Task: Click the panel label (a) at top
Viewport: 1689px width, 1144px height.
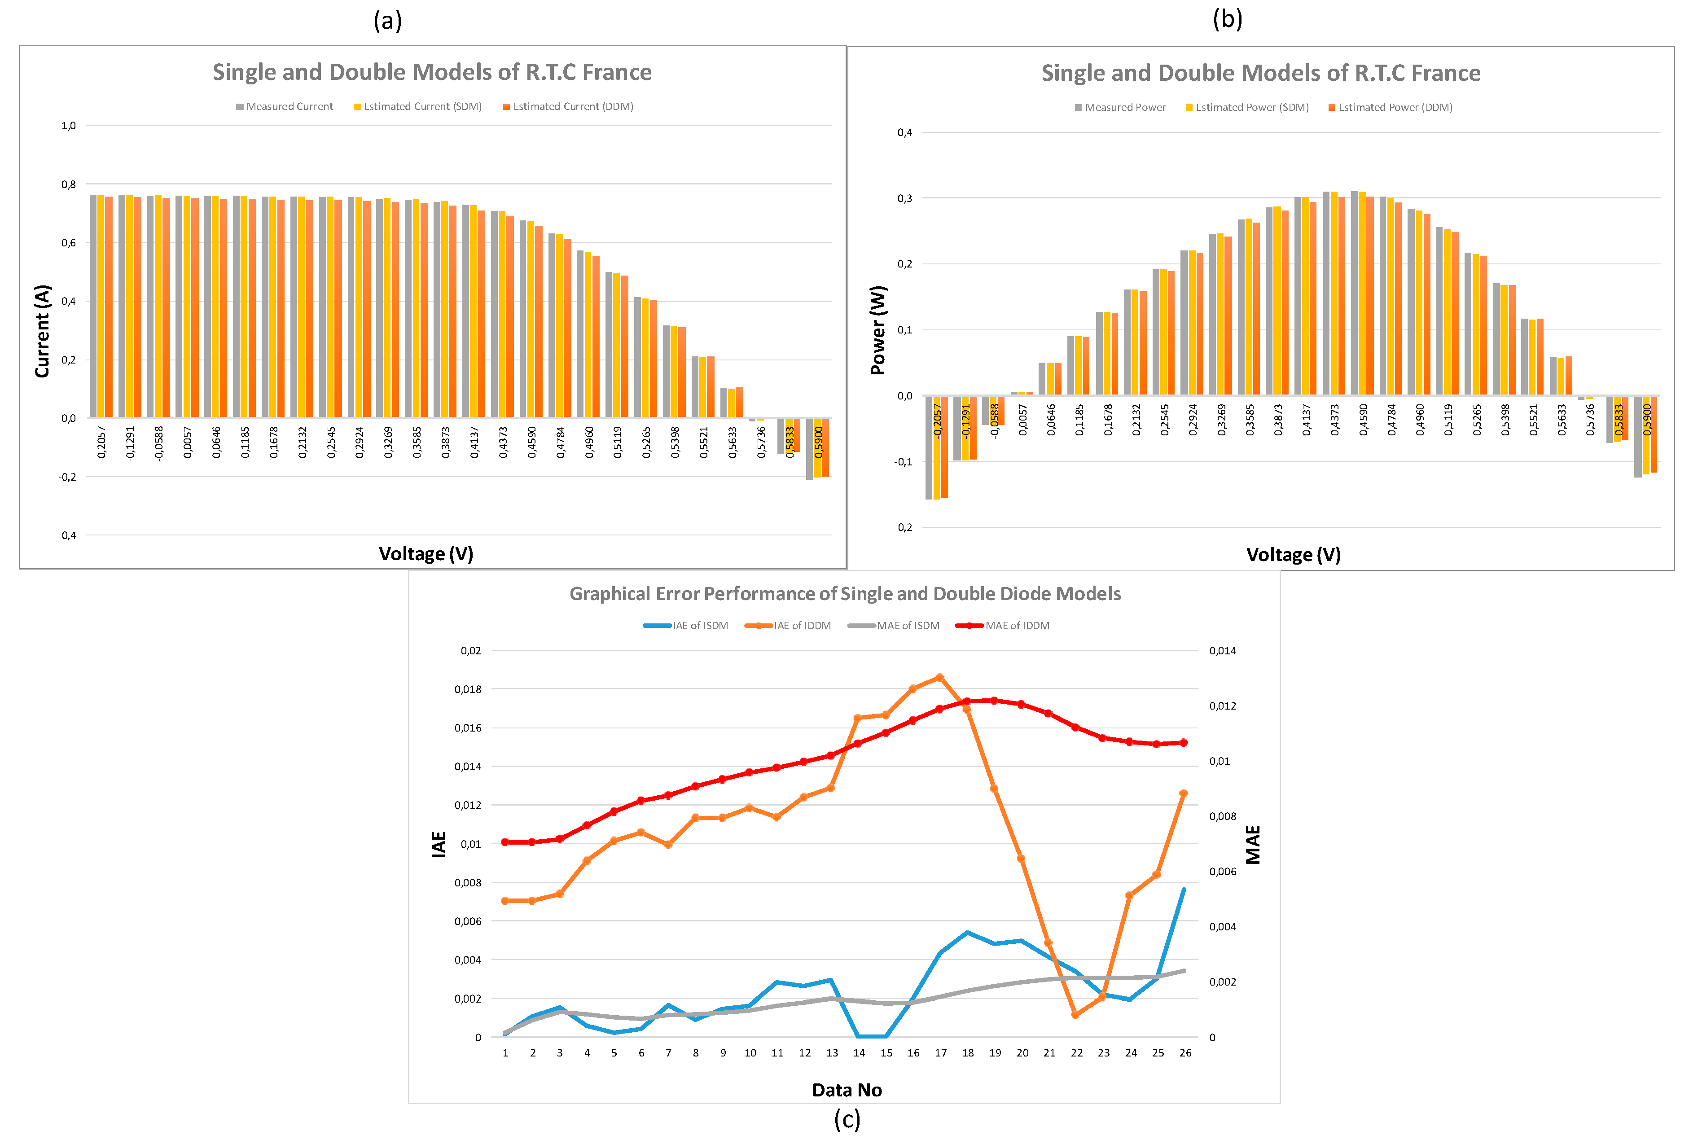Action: (387, 20)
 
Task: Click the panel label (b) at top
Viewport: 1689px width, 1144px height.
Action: (1228, 19)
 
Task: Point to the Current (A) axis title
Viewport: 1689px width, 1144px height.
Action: (42, 331)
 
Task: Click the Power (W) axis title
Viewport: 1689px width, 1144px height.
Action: (878, 331)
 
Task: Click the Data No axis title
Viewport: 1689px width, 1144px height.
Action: (847, 1090)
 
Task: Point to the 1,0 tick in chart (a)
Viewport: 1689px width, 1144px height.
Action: (68, 126)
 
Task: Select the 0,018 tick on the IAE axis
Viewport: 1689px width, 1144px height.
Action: (468, 689)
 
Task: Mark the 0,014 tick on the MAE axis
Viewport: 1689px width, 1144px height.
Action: (1222, 650)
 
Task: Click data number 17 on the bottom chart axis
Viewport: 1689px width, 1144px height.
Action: (940, 1053)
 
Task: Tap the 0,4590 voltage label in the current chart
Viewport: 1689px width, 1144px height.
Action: (532, 442)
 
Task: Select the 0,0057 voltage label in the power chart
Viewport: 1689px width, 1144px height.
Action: (1022, 420)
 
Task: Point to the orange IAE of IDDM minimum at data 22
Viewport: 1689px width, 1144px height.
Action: (1075, 1015)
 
